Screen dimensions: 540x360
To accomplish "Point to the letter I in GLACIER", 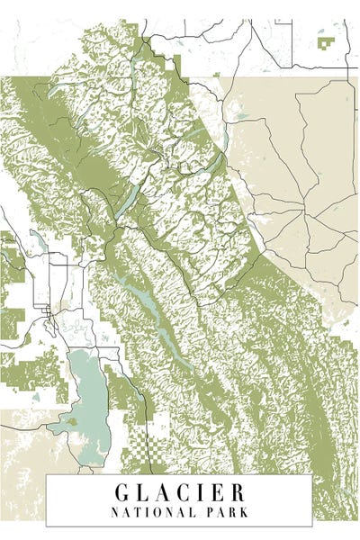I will tap(203, 493).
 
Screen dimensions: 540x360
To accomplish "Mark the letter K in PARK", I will tap(242, 512).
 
